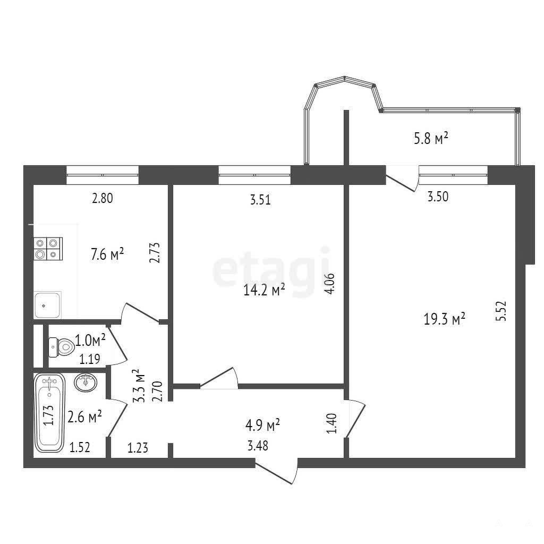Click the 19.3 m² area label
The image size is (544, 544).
click(x=444, y=319)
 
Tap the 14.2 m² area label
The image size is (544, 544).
click(x=264, y=290)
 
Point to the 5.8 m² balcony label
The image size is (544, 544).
click(x=431, y=138)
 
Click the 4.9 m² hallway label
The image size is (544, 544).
click(x=262, y=424)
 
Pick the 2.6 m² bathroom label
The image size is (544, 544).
click(x=84, y=416)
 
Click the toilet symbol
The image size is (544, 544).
click(x=62, y=347)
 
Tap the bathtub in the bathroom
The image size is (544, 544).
click(x=49, y=412)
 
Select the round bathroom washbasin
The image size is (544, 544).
click(x=86, y=382)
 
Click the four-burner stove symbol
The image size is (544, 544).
click(x=48, y=249)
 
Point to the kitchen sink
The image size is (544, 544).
click(x=47, y=305)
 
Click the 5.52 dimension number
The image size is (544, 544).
click(x=503, y=311)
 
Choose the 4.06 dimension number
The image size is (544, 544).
click(x=330, y=284)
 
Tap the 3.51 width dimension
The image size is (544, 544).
click(x=260, y=200)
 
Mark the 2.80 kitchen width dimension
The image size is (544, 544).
click(x=103, y=199)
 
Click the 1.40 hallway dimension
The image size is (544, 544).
click(x=331, y=423)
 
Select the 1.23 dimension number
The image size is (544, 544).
click(x=138, y=448)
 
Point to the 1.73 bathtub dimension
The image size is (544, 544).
click(x=48, y=415)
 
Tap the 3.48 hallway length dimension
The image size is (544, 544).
click(x=258, y=446)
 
